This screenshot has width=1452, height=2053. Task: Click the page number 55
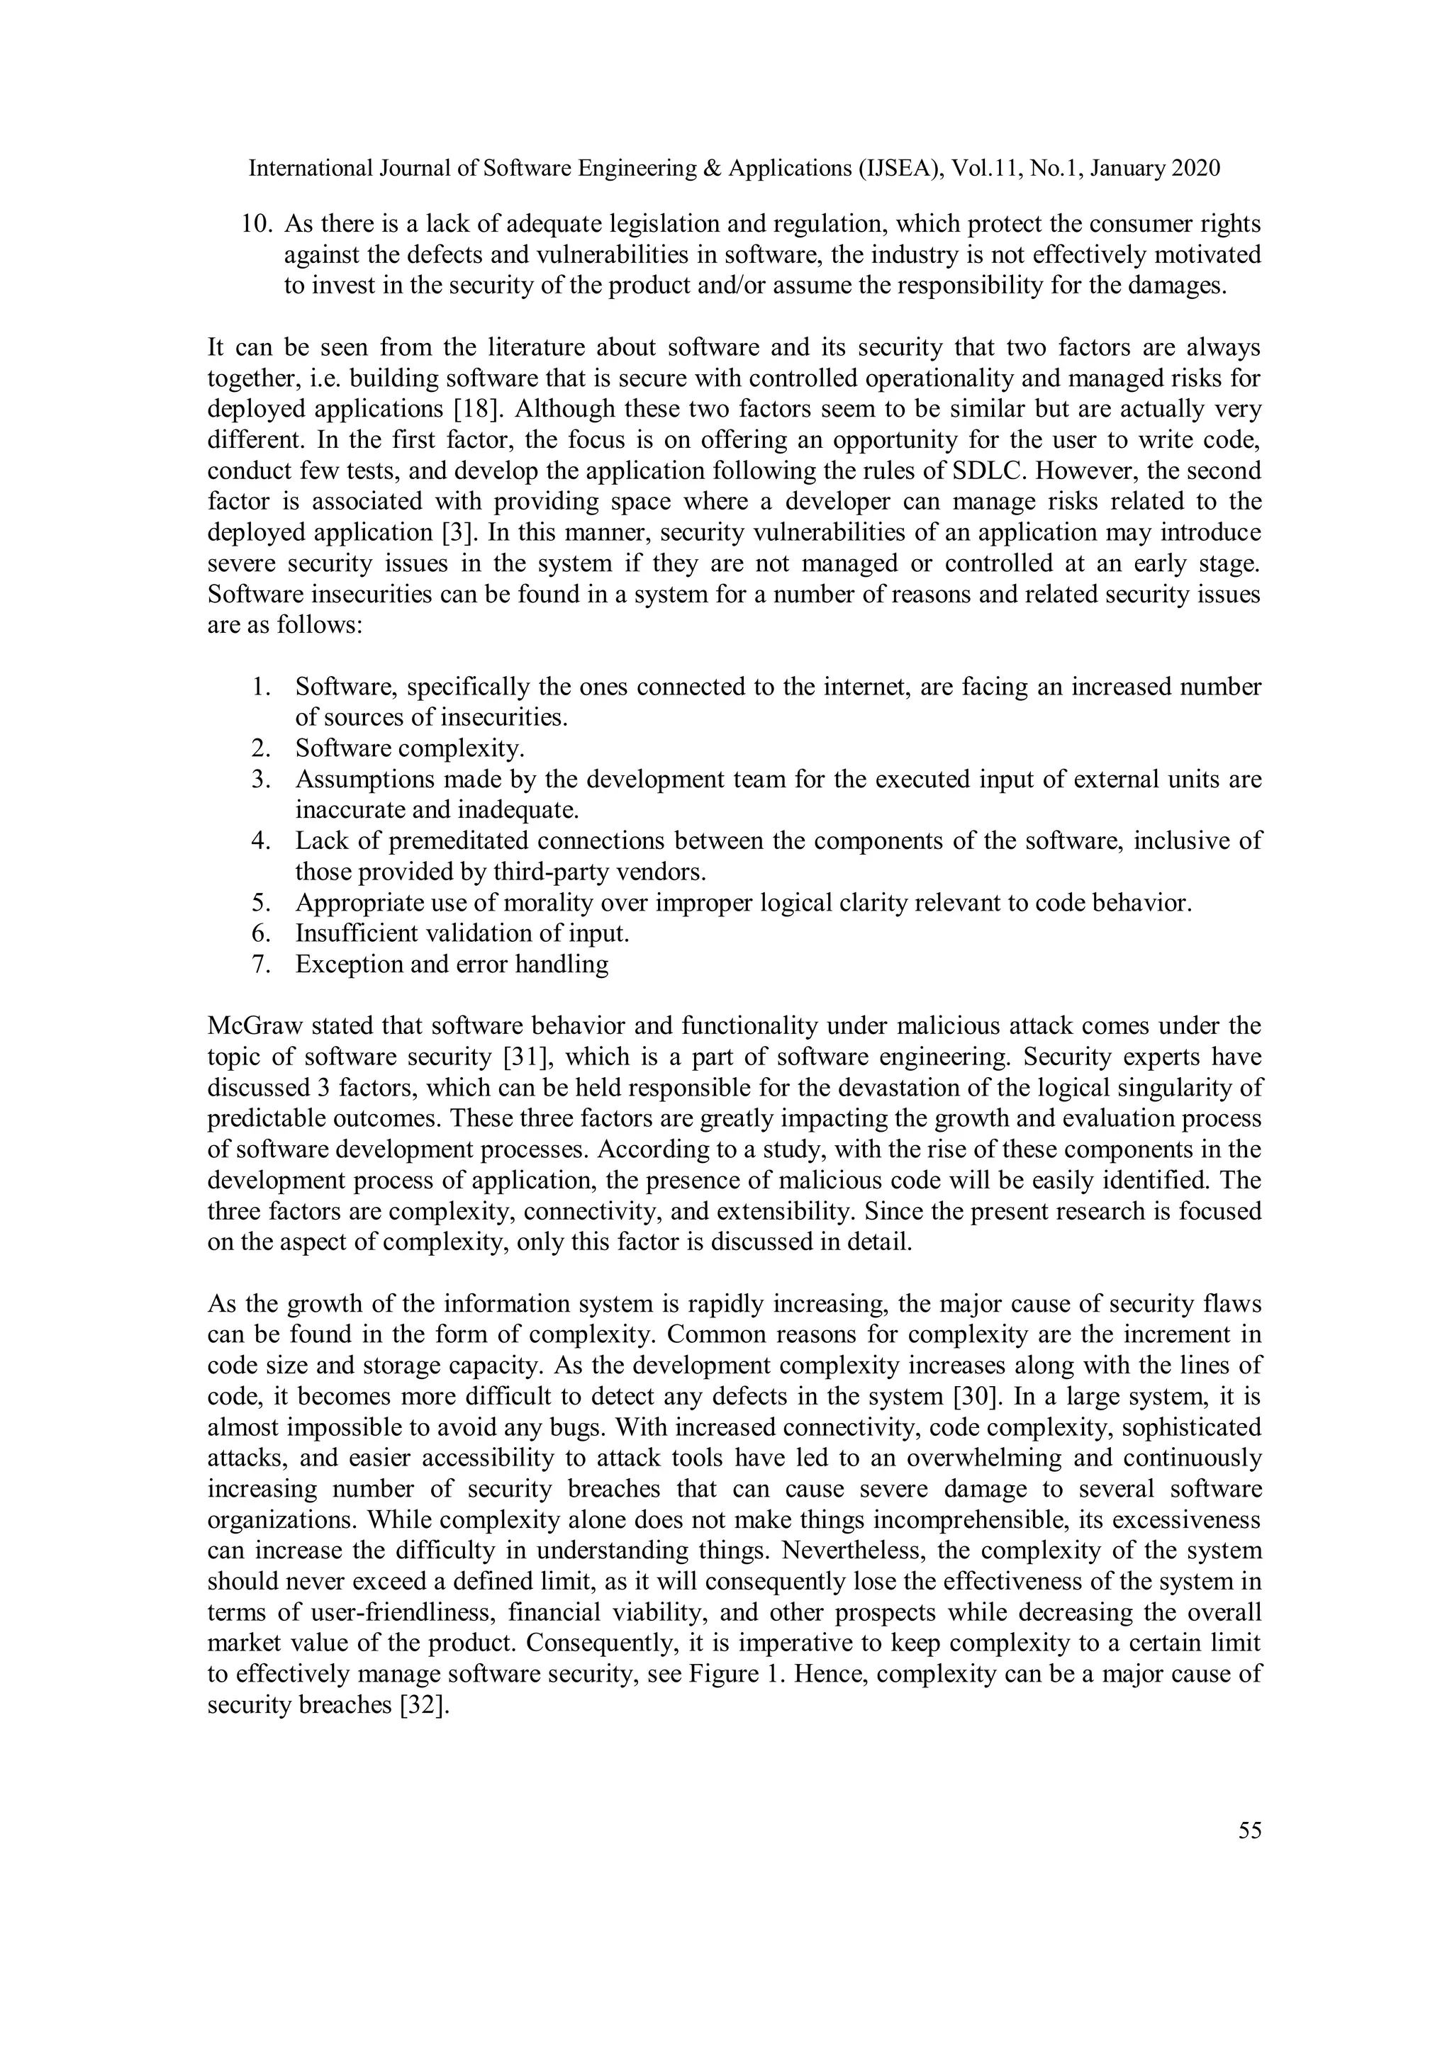pyautogui.click(x=1249, y=1830)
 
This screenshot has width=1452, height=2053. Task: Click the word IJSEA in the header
pyautogui.click(x=895, y=168)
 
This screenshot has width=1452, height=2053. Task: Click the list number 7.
pyautogui.click(x=259, y=964)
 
